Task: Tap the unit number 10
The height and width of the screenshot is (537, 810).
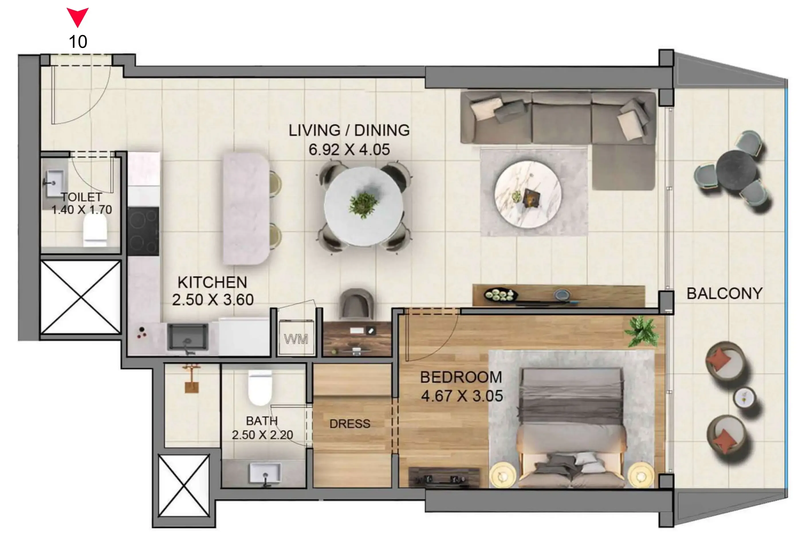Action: (78, 42)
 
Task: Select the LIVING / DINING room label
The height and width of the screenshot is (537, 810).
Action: (349, 130)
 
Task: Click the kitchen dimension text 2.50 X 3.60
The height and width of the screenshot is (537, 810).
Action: (213, 300)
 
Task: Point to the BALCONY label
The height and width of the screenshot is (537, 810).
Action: (724, 293)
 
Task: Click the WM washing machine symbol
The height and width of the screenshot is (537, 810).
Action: (296, 339)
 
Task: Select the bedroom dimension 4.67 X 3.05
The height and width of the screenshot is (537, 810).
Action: (462, 396)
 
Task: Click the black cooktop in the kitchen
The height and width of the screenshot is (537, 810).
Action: (143, 231)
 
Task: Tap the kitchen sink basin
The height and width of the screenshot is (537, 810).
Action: (188, 337)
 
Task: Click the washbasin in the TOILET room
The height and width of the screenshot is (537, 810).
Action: (54, 184)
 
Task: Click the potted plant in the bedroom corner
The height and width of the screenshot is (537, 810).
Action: (641, 331)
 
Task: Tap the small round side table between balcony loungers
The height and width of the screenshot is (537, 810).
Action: (744, 397)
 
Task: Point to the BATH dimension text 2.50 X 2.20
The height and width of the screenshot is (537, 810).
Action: (263, 435)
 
